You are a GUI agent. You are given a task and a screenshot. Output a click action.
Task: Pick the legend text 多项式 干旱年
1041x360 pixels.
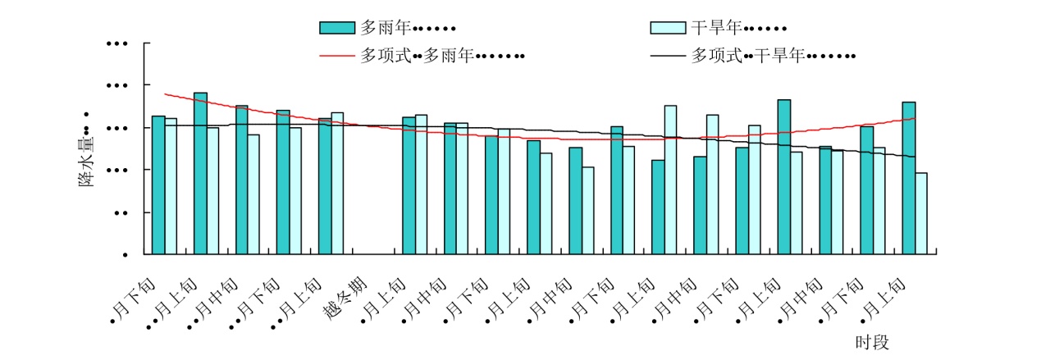click(774, 57)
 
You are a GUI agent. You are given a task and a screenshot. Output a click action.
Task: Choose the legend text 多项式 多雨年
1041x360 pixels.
click(442, 57)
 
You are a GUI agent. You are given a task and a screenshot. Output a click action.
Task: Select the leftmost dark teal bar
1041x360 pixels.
click(158, 185)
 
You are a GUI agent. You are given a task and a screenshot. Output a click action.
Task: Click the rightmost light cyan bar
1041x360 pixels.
click(921, 213)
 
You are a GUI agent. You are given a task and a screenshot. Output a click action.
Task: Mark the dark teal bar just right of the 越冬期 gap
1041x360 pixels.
click(409, 186)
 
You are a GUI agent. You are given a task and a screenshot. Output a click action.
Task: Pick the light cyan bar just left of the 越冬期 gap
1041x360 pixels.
click(337, 183)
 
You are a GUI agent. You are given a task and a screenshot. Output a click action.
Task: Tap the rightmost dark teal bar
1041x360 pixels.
click(908, 178)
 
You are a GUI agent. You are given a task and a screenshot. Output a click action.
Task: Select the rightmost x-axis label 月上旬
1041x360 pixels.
click(886, 300)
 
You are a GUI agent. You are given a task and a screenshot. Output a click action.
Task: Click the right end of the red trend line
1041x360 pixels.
click(914, 119)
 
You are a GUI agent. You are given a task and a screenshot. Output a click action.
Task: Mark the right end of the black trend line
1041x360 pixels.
click(914, 157)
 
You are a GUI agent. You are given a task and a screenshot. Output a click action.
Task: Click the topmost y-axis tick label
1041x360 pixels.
click(120, 43)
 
